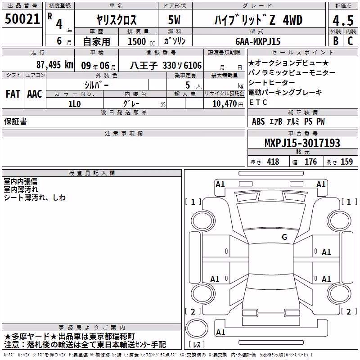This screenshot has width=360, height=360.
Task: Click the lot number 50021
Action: pos(22,19)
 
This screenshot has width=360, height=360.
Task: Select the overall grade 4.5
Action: pos(343,21)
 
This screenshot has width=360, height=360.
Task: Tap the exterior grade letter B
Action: pos(336,41)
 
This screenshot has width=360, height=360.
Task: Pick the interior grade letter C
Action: pos(350,41)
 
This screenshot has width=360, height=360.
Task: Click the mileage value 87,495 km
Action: pos(55,65)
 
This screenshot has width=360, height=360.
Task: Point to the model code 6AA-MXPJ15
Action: pos(258,41)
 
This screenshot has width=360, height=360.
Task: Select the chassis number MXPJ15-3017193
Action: pos(302,143)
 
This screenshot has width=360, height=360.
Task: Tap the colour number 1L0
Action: pos(75,104)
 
